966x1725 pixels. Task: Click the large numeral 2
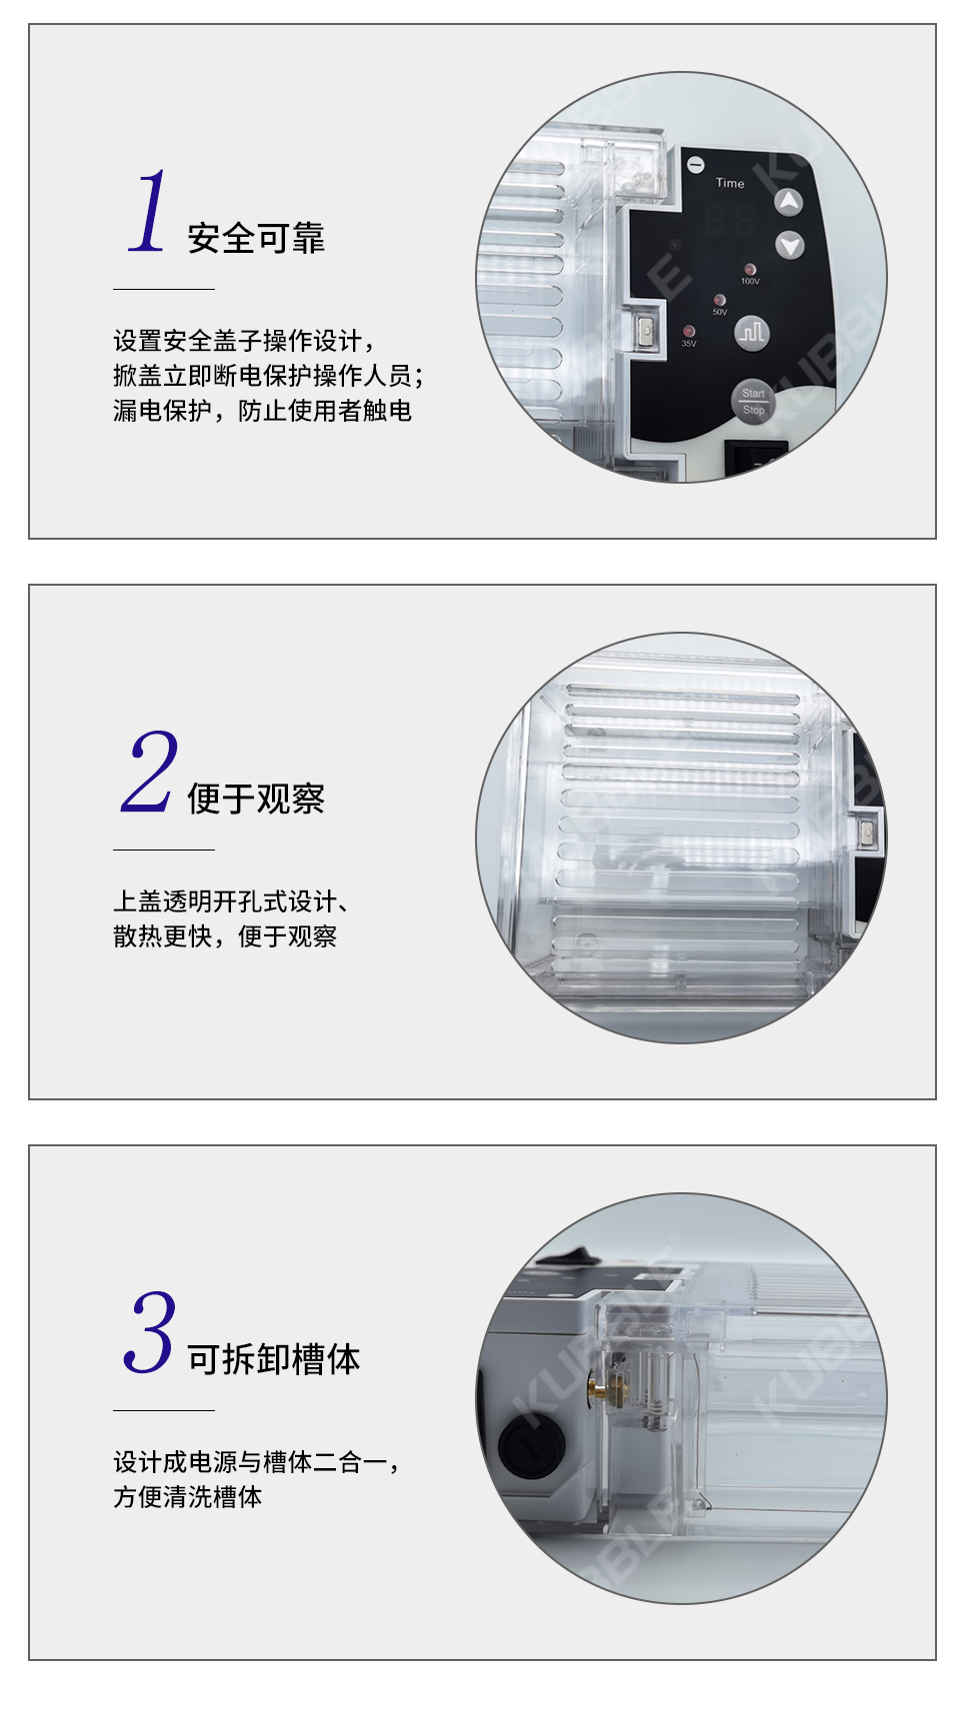pyautogui.click(x=149, y=771)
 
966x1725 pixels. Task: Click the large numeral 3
pyautogui.click(x=150, y=1331)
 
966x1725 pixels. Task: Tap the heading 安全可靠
pyautogui.click(x=256, y=238)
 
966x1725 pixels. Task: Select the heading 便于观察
pyautogui.click(x=256, y=799)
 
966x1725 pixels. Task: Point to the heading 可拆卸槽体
pyautogui.click(x=274, y=1359)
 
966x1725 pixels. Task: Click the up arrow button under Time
pyautogui.click(x=789, y=202)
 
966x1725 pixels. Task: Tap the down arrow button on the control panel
pyautogui.click(x=790, y=245)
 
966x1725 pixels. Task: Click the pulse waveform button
pyautogui.click(x=752, y=332)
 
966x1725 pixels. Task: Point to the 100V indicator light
pyautogui.click(x=749, y=270)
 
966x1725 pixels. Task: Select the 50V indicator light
pyautogui.click(x=719, y=300)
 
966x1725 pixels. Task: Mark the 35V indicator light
pyautogui.click(x=688, y=331)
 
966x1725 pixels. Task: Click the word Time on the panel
pyautogui.click(x=730, y=183)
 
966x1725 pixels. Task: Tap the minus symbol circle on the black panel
pyautogui.click(x=696, y=165)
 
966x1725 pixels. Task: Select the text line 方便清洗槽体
pyautogui.click(x=188, y=1497)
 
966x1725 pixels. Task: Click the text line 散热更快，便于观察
pyautogui.click(x=225, y=936)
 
